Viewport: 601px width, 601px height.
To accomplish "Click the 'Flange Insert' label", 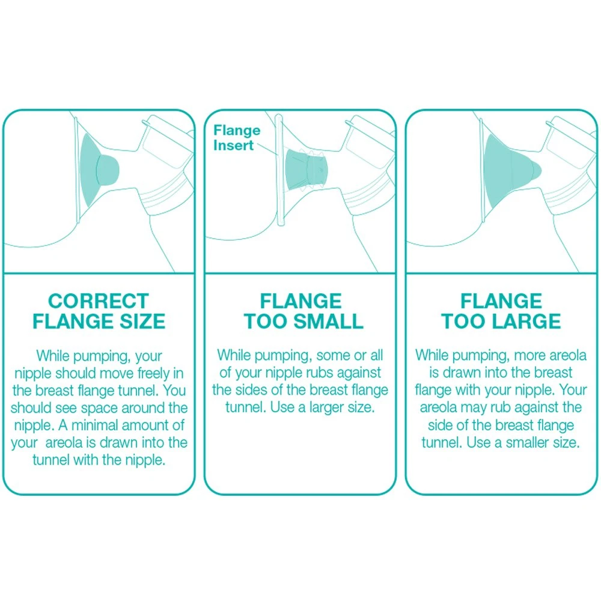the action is tap(237, 138).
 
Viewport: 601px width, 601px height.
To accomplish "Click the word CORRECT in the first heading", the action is tap(99, 301).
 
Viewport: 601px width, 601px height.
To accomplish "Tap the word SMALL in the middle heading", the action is tap(326, 321).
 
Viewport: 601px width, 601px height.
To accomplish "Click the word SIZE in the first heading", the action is tap(142, 321).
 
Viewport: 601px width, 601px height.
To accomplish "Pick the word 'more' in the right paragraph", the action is tap(529, 356).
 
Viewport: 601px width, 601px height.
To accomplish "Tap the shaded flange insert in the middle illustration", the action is tap(307, 169).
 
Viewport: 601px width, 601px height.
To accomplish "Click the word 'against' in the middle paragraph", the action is tap(361, 373).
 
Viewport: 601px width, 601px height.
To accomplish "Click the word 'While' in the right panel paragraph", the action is tap(432, 355).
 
